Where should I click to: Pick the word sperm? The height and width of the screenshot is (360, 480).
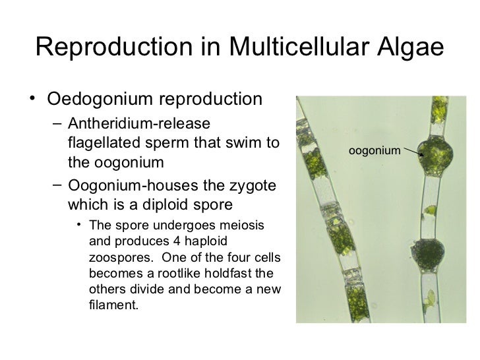pyautogui.click(x=171, y=142)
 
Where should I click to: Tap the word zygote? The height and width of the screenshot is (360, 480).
pyautogui.click(x=254, y=182)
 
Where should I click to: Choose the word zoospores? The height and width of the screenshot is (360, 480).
pyautogui.click(x=113, y=256)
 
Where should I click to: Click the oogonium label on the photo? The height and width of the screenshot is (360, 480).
pyautogui.click(x=374, y=151)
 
